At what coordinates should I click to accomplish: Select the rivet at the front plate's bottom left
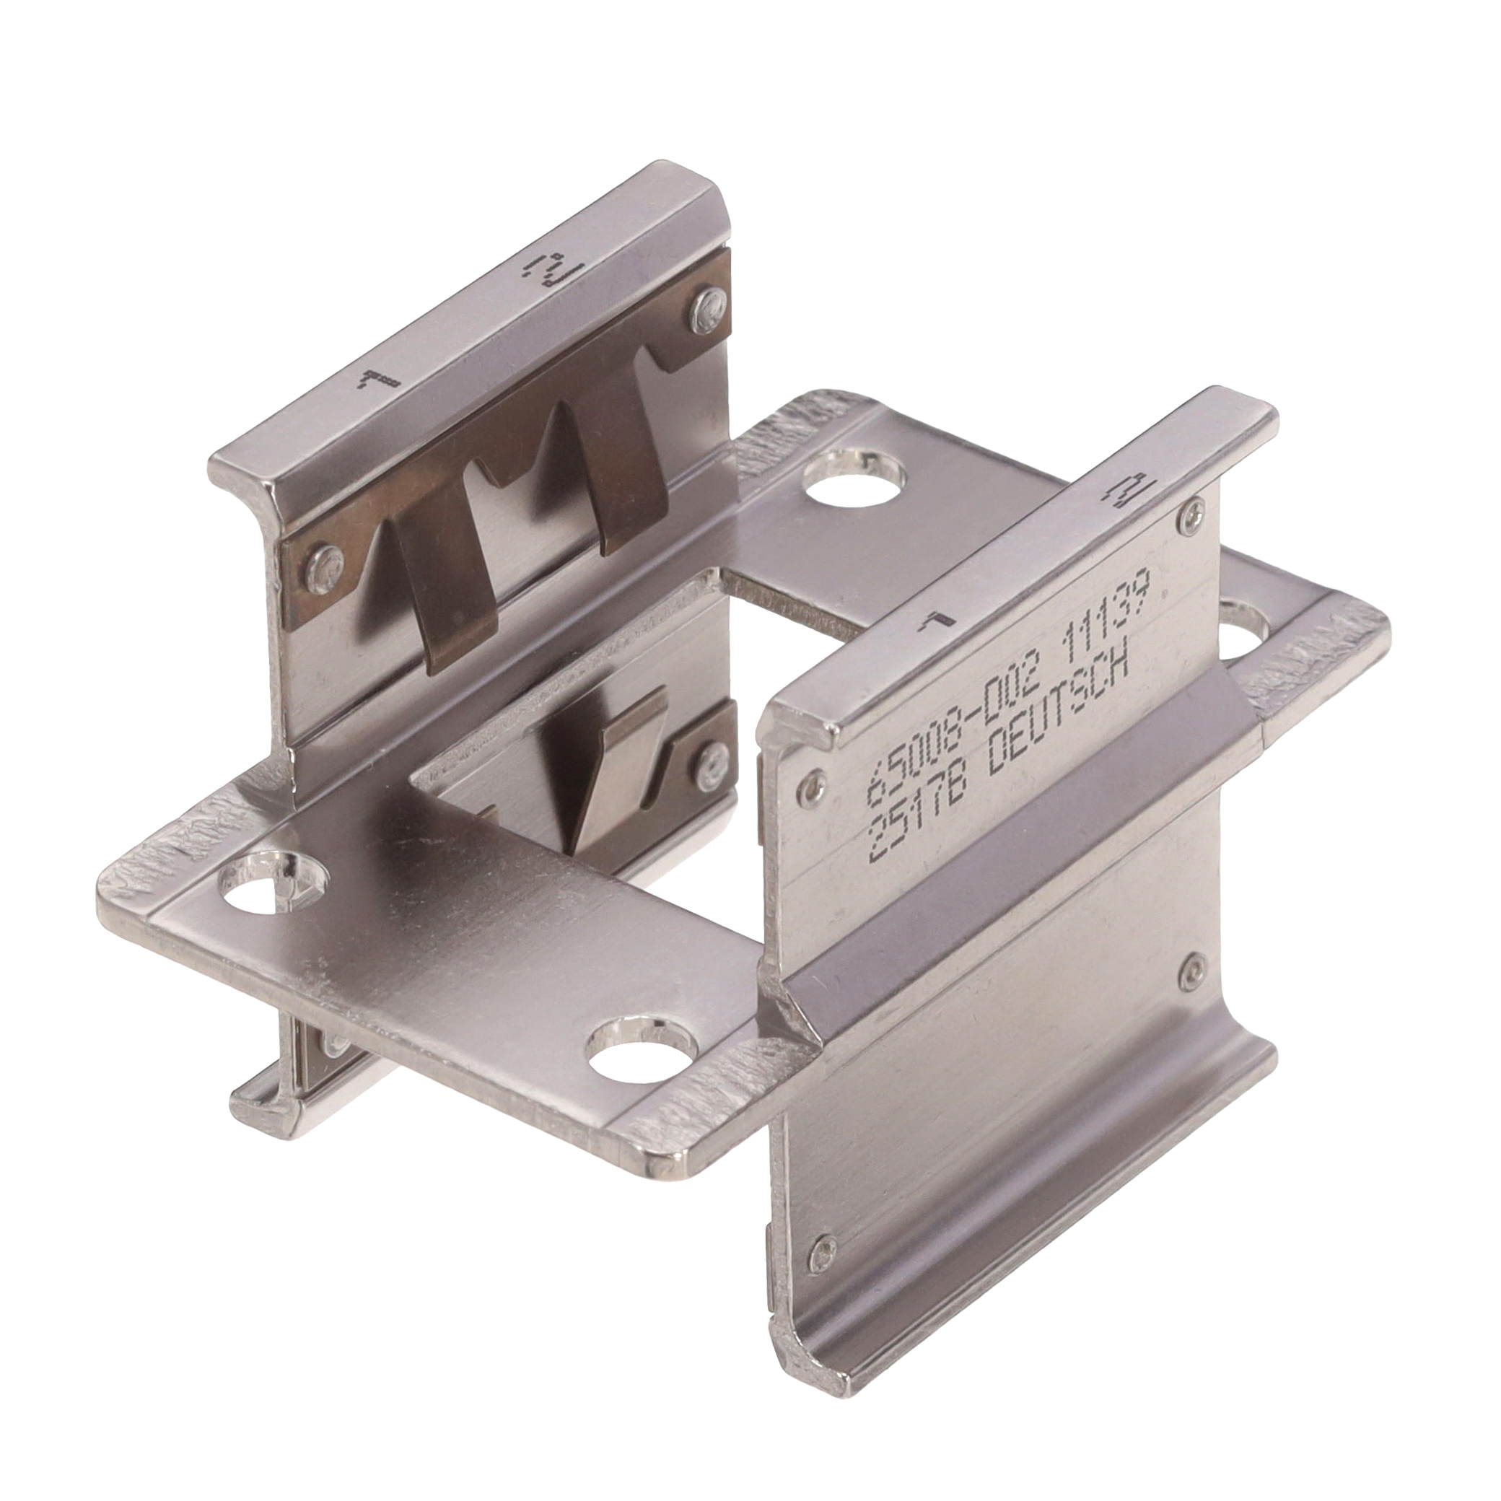tap(822, 1225)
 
